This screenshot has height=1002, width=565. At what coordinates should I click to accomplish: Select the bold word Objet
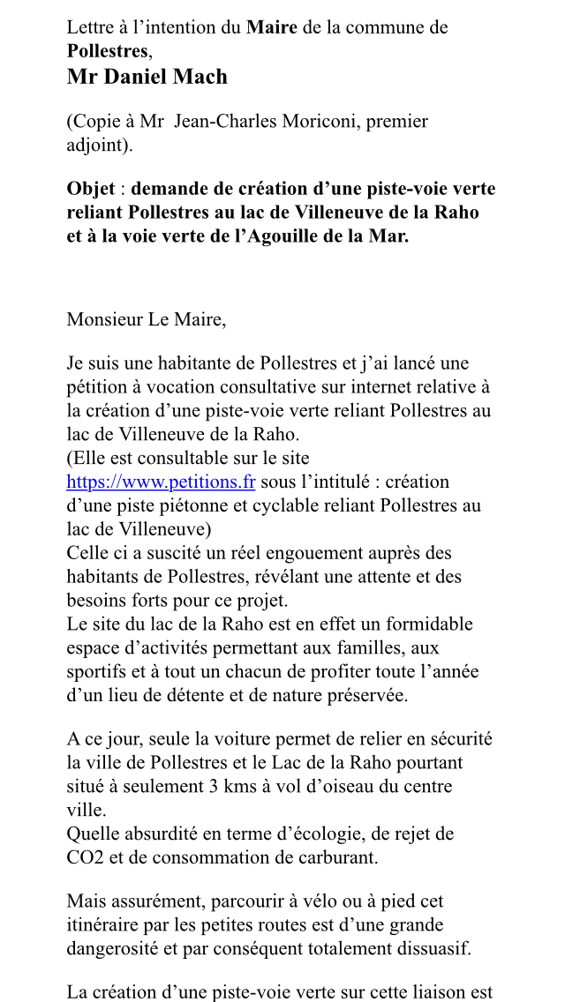(x=92, y=189)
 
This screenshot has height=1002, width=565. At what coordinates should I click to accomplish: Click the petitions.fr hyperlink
(x=161, y=482)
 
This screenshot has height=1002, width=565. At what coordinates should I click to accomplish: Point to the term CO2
(x=86, y=857)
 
